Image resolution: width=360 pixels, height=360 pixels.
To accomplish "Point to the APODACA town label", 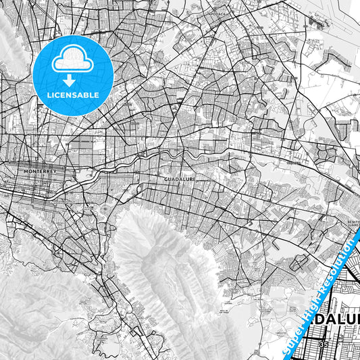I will [x=215, y=11].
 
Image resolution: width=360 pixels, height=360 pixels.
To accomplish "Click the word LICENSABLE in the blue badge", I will [x=72, y=95].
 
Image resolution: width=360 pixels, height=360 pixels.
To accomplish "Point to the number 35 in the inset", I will [x=324, y=344].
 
